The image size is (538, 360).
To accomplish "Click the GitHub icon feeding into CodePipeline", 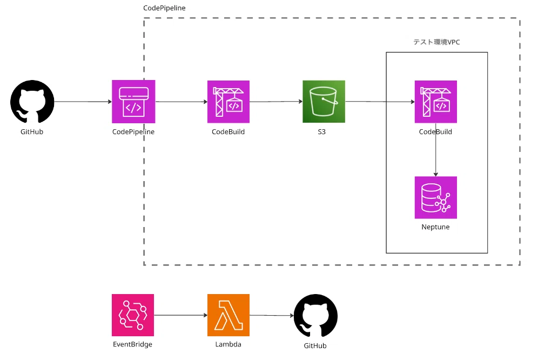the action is pos(32,102).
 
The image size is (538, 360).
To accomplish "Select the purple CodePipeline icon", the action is pos(133,102).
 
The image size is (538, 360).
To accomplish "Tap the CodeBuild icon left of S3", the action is pos(228,102).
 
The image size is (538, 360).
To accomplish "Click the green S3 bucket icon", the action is pos(324,102).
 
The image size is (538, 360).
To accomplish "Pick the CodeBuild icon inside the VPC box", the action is pos(436,102).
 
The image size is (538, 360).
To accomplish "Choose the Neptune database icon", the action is pos(436,197).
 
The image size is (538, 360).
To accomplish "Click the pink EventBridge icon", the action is pos(133,315).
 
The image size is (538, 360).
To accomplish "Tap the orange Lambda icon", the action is pos(228,315).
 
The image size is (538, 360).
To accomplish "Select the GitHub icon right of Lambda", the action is pos(315,315).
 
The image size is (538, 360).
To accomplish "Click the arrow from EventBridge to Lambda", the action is pos(181,315).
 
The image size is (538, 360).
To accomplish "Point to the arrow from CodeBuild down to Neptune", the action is pos(436,150).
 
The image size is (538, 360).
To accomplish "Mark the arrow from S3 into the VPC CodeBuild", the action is pos(380,102).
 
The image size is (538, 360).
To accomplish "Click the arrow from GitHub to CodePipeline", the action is pos(83,102).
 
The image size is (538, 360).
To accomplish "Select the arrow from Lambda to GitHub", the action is pos(272,315).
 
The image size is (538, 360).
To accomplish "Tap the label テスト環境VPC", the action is pos(436,42).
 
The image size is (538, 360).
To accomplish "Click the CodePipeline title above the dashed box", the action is pos(164,8).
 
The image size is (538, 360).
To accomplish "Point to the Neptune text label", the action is pos(435,226).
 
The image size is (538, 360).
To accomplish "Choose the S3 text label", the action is pos(321,131).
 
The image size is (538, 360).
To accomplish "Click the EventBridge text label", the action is pos(132,344).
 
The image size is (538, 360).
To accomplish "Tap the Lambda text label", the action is pos(228,344).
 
